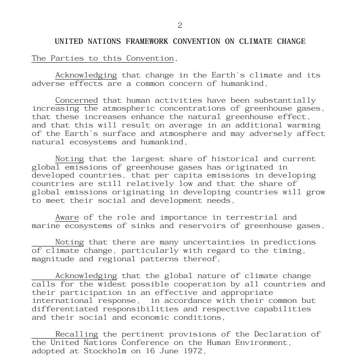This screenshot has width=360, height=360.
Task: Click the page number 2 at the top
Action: (180, 26)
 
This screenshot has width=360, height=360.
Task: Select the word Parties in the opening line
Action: (67, 58)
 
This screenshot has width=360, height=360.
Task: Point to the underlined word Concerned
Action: (77, 101)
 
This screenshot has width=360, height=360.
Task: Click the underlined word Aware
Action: (67, 217)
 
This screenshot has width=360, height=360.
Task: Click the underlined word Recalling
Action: (77, 334)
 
